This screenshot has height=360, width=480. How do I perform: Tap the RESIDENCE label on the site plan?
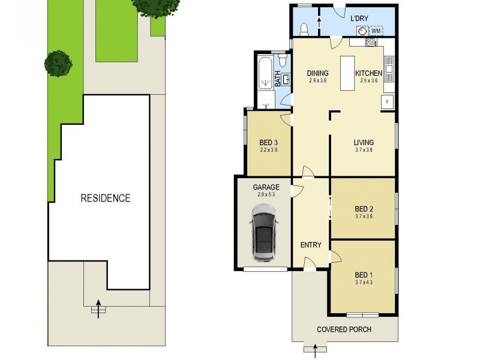[x=106, y=198]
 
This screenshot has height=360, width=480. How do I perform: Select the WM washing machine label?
[x=376, y=31]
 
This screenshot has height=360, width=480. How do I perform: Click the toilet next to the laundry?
[x=304, y=29]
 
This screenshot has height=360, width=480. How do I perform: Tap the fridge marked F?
[x=387, y=101]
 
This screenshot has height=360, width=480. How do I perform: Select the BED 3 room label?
[x=268, y=142]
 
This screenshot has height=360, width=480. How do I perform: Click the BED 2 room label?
[x=364, y=209]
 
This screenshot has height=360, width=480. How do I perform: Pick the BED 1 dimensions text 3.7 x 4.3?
[x=364, y=281]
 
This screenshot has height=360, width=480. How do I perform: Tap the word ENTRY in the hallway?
[x=311, y=245]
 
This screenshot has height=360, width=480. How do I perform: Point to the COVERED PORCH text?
[x=344, y=329]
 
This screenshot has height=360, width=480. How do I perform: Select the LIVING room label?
[x=364, y=142]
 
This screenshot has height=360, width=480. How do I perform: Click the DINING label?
[x=317, y=73]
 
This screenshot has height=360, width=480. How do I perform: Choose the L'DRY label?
[x=359, y=18]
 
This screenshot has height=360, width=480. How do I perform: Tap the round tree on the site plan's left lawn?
[x=58, y=62]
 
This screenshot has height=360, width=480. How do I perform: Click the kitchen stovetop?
[x=371, y=42]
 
